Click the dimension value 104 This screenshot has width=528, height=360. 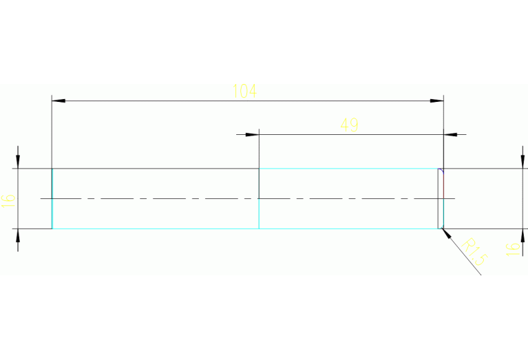(x=245, y=91)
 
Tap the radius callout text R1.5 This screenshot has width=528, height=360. (x=474, y=253)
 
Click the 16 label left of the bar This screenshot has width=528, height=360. (x=9, y=200)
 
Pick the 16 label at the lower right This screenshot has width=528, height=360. (x=511, y=248)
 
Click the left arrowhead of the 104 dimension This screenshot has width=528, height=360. (x=59, y=101)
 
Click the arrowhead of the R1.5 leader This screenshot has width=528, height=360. (x=447, y=233)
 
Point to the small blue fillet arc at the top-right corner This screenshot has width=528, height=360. (x=442, y=170)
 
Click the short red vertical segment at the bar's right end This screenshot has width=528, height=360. (x=443, y=200)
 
